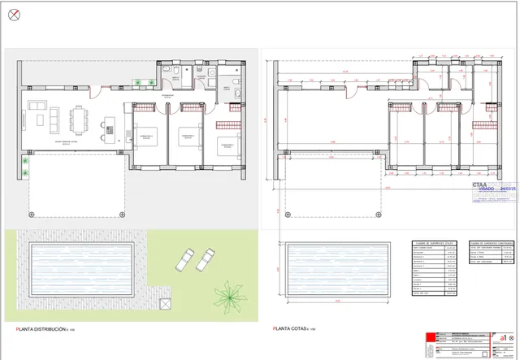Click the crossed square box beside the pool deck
[165, 301]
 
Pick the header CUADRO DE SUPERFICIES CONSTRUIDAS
[490, 241]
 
